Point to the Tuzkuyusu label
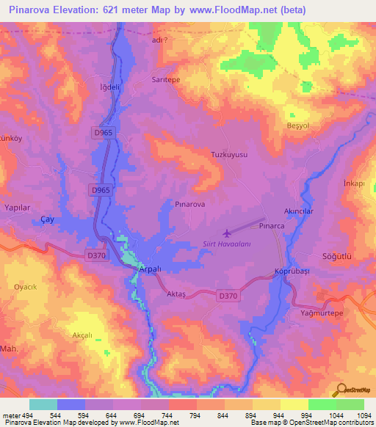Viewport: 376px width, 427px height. tap(229, 156)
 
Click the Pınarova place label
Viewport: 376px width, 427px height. tap(189, 205)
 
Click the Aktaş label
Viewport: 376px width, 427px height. tap(176, 292)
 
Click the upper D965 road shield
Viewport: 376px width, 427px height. tap(104, 132)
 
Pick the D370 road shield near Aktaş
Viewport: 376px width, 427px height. tap(228, 295)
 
